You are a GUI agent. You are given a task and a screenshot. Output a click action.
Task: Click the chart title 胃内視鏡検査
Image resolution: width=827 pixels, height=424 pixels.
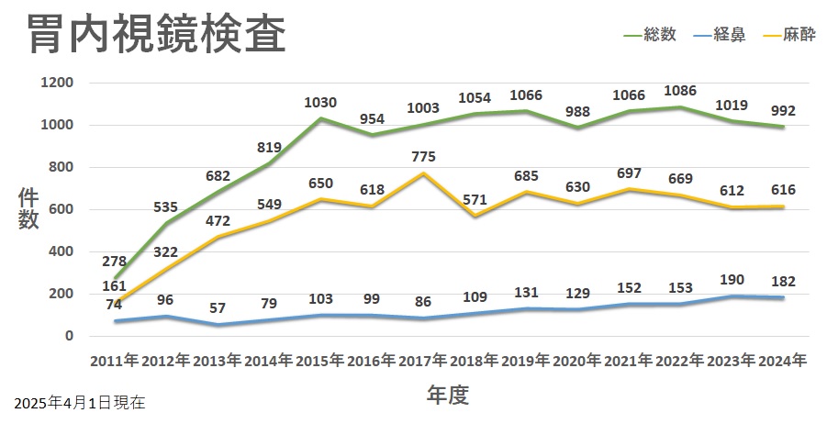point(156,35)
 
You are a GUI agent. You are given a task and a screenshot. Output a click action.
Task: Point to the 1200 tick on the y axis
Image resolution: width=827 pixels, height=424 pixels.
point(56,83)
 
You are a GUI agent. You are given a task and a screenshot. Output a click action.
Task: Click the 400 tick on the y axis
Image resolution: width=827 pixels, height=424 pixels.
point(60,251)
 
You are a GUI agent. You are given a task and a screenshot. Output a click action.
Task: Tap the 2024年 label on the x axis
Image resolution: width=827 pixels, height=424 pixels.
point(784,360)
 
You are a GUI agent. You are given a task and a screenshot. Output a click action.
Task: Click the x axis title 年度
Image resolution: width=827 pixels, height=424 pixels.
point(448,396)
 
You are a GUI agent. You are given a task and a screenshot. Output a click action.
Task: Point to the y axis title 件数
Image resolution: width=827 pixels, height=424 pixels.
point(29,209)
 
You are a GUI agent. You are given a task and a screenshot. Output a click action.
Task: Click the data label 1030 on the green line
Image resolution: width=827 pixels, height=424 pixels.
point(320,103)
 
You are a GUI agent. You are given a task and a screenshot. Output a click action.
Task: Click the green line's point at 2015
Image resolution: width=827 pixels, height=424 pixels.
point(320,118)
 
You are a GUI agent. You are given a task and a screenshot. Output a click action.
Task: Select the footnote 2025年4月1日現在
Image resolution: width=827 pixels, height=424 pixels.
point(80,402)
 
